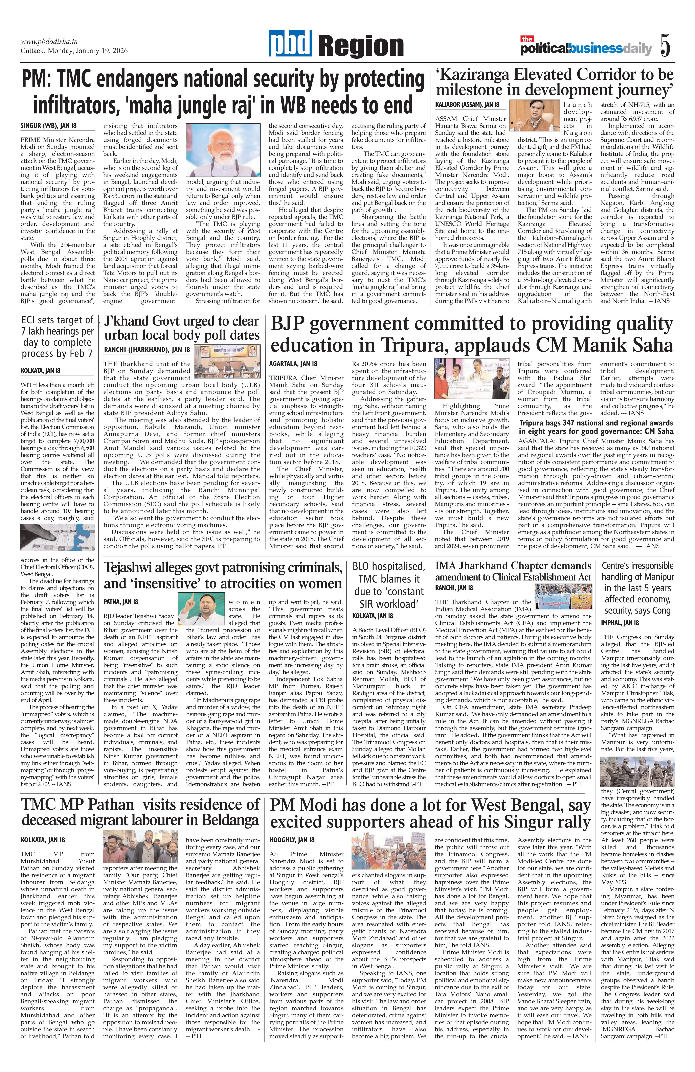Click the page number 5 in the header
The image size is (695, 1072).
[x=665, y=45]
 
